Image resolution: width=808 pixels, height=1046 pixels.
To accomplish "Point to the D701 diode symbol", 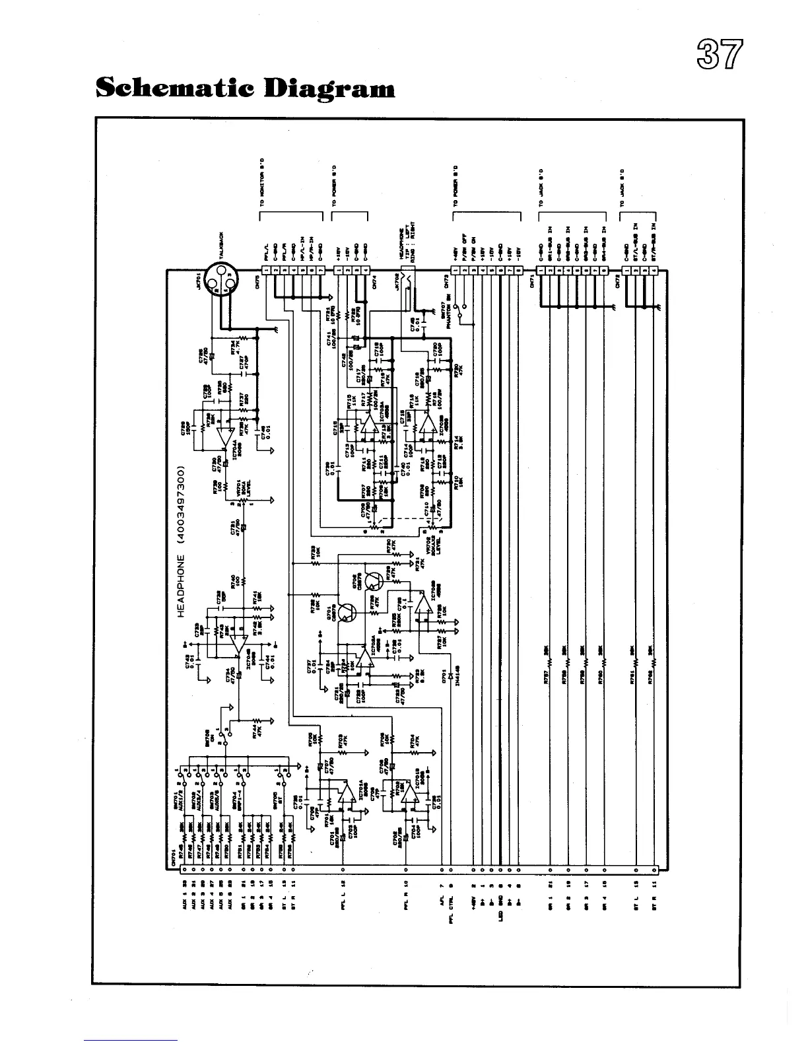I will [451, 676].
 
